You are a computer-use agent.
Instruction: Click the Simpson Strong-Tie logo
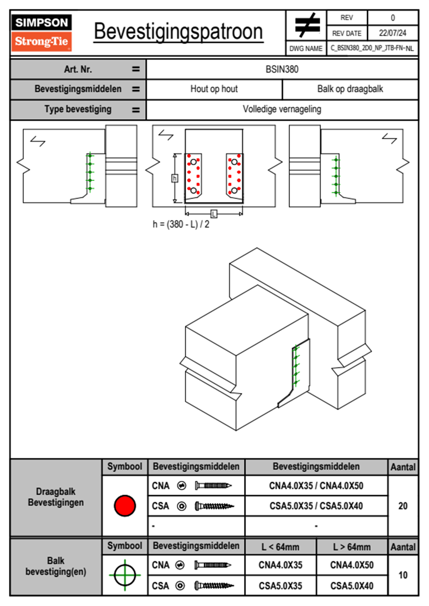coord(41,33)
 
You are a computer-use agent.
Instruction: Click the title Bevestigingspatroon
coord(178,32)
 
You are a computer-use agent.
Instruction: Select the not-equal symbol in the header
coord(307,26)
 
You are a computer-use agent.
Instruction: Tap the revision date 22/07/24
coord(392,33)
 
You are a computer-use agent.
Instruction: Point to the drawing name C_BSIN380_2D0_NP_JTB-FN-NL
coord(372,48)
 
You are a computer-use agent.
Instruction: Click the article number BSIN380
coord(282,69)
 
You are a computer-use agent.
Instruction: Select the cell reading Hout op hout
coord(214,89)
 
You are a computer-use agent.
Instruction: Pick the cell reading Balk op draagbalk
coord(350,89)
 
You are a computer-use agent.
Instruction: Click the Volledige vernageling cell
coord(282,109)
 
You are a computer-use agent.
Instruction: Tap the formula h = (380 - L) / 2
coord(181,224)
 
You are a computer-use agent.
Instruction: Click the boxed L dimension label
coord(214,214)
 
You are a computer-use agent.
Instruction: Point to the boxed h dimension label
coord(175,178)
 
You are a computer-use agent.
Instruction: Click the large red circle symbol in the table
coord(125,505)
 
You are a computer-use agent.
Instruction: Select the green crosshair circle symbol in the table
coord(125,575)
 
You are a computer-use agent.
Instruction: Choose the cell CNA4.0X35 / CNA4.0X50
coord(316,486)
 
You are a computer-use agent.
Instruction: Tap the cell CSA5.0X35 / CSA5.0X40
coord(316,506)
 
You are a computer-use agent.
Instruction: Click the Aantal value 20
coord(403,506)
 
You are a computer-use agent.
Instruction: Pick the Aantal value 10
coord(403,575)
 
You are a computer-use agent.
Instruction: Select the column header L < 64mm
coord(280,547)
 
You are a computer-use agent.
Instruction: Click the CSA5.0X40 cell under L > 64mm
coord(352,586)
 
